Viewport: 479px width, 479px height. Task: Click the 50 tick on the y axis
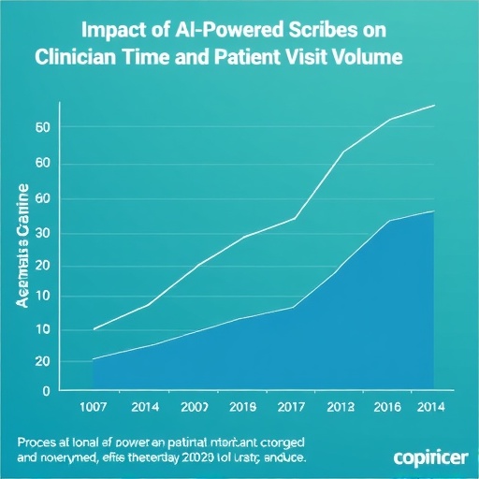41,127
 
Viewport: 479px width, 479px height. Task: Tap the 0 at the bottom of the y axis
45,392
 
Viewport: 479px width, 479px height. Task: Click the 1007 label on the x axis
92,408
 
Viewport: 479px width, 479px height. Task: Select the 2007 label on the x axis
194,408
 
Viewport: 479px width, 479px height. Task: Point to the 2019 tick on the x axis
243,408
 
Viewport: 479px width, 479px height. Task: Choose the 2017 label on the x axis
293,408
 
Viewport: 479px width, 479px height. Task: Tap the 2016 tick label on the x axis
386,408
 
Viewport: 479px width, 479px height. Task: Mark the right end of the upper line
435,106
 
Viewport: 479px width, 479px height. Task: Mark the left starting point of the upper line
94,329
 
